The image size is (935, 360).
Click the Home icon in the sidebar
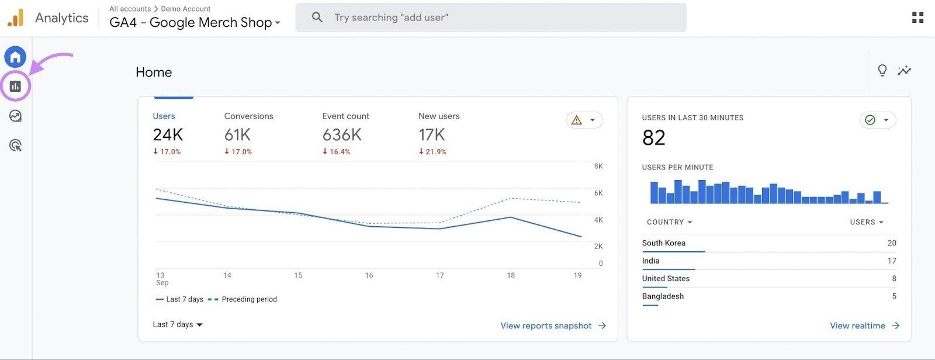click(15, 57)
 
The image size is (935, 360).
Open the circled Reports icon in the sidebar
click(15, 86)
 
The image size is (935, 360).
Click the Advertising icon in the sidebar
click(15, 146)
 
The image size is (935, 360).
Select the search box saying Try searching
click(491, 18)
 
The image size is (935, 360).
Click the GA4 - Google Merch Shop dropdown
click(195, 23)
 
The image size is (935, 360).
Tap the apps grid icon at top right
click(917, 18)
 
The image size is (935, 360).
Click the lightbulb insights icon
click(882, 71)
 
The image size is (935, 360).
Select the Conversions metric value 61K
click(237, 135)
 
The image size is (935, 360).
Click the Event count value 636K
click(342, 135)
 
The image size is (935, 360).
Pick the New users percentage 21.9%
click(432, 151)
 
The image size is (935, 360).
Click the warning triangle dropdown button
click(584, 120)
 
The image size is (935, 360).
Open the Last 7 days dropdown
click(178, 324)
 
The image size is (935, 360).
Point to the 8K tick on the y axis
click(598, 166)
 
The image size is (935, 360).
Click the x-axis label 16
click(369, 275)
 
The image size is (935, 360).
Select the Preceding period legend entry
click(248, 299)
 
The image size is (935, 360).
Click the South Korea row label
click(663, 243)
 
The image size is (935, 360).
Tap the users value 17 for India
click(891, 261)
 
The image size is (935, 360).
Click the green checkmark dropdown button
click(877, 120)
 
